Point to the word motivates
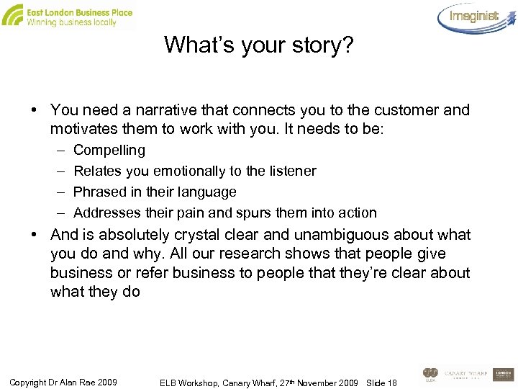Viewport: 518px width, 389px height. tap(82, 130)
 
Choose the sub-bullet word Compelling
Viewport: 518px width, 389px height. tap(109, 151)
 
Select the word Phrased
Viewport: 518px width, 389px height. tap(99, 192)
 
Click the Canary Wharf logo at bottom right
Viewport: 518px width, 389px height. tap(466, 375)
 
